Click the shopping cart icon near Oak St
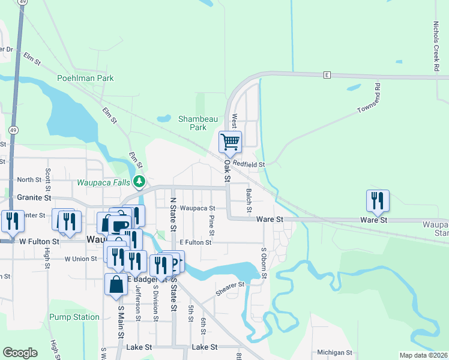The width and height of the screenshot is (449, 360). coord(230,142)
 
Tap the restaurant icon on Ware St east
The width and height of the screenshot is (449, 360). coord(378,200)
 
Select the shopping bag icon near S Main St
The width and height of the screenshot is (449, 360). coord(116,285)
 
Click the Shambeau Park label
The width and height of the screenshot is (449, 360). coord(198,123)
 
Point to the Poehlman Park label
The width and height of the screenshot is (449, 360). coord(85,78)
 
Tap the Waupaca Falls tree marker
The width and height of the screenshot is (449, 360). coord(139,181)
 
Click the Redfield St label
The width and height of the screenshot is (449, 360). coord(249,164)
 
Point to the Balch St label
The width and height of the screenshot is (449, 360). coord(249,200)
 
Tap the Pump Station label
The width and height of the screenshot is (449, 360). coord(74,317)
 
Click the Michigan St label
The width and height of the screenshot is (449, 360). coord(334,352)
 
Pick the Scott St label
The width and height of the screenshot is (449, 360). coord(47,176)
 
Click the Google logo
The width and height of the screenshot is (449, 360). coord(20,353)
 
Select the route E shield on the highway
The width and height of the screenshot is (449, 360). coord(327,75)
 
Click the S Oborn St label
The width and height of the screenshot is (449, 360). coord(264,263)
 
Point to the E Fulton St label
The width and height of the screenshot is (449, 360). coord(195,242)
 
